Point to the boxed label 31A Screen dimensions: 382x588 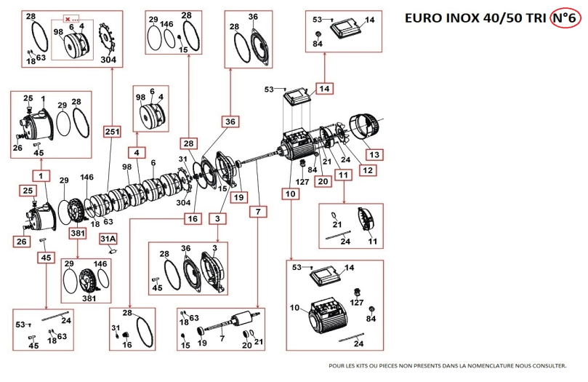108,238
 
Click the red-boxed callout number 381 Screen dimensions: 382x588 78,233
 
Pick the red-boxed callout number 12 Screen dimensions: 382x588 367,170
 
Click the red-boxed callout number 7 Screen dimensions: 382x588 258,212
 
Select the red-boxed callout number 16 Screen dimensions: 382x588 191,218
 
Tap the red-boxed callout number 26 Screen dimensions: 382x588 22,241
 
